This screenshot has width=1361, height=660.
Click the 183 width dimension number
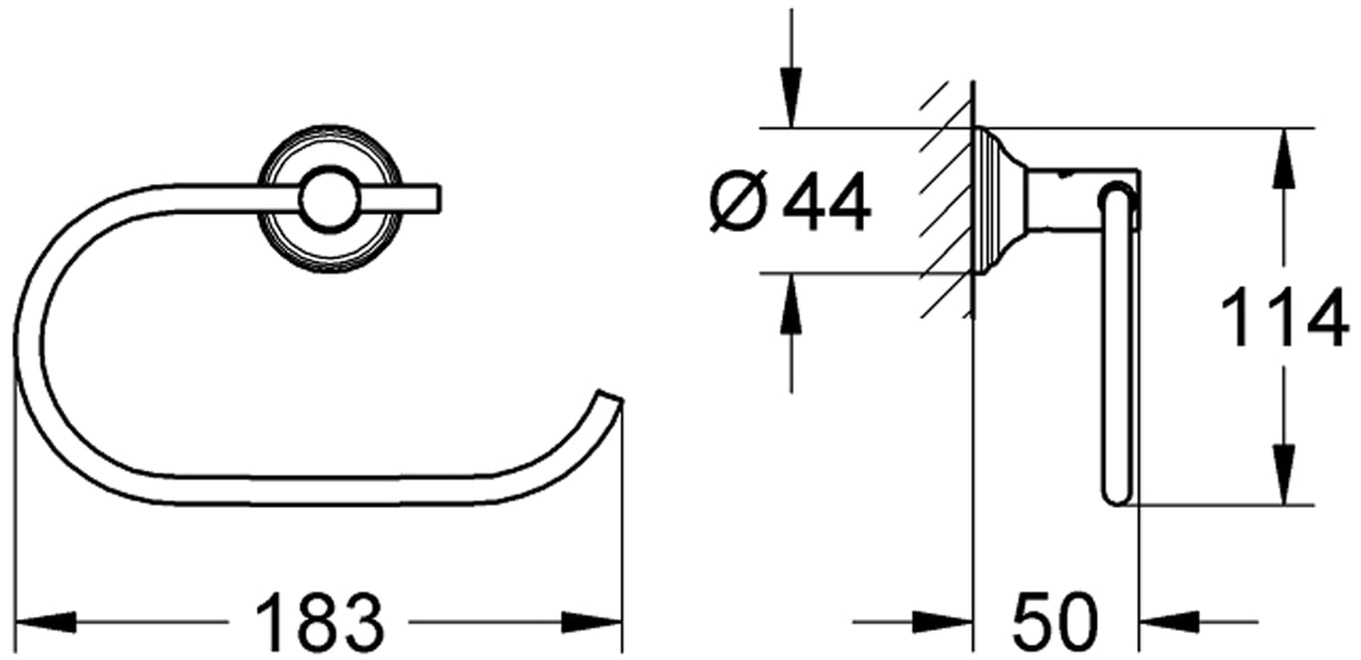click(320, 623)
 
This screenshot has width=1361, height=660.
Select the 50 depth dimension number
click(1056, 623)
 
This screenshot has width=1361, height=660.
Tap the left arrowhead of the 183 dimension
click(46, 622)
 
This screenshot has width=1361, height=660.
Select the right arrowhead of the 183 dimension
click(591, 622)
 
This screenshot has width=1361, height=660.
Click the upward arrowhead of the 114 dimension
click(1283, 159)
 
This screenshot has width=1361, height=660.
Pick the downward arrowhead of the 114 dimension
click(1283, 474)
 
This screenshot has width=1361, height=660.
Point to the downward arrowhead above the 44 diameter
click(790, 98)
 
